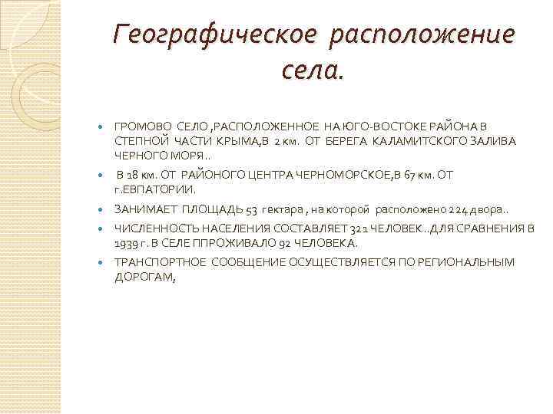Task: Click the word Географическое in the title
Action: (x=210, y=34)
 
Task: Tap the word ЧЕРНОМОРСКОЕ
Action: (x=349, y=175)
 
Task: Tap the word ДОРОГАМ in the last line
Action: (x=144, y=278)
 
